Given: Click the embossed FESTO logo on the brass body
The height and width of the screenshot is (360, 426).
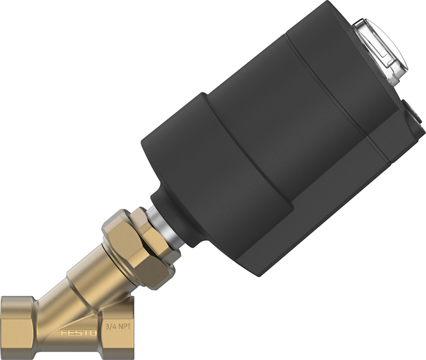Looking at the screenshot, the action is click(x=78, y=333).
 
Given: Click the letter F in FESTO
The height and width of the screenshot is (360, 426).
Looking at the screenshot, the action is click(x=64, y=333).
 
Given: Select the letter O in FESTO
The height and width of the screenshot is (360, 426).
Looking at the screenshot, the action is click(x=93, y=333).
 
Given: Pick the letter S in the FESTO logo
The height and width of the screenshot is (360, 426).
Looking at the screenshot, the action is click(x=78, y=333).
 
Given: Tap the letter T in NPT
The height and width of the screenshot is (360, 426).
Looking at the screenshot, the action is click(x=132, y=326).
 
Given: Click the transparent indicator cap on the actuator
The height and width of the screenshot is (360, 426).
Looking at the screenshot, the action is click(x=380, y=50).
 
